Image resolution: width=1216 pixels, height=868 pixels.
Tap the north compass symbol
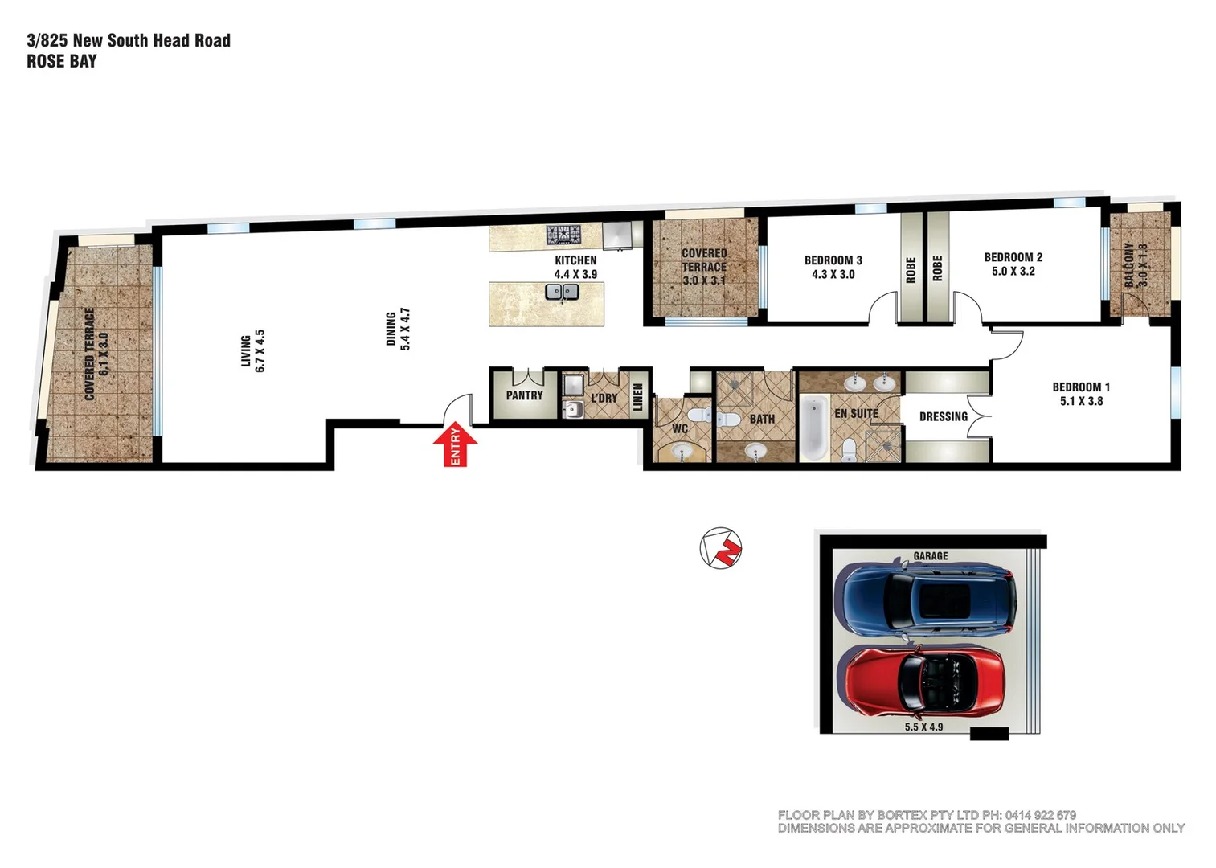720,548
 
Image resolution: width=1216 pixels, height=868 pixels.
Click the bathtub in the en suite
813,427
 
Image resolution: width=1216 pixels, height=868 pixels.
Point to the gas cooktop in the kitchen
564,235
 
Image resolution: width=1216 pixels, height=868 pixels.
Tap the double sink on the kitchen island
562,291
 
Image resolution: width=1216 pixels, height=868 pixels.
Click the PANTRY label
524,395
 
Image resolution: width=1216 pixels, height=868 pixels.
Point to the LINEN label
638,397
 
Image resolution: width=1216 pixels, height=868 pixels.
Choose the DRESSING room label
943,416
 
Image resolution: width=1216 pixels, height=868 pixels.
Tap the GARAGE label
930,555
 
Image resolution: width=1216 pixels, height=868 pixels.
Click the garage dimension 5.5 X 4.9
923,727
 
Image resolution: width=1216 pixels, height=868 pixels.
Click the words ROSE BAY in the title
62,61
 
